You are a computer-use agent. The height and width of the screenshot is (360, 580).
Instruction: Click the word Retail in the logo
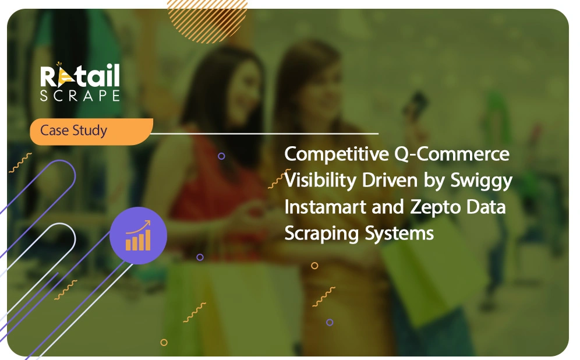pyautogui.click(x=80, y=76)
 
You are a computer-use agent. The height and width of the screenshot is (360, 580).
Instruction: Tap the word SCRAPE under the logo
pyautogui.click(x=80, y=96)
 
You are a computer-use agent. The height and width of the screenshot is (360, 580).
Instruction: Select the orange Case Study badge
pyautogui.click(x=91, y=131)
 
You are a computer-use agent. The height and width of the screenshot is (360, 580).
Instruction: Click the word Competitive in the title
pyautogui.click(x=336, y=154)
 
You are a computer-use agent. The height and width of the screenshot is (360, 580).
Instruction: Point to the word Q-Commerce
pyautogui.click(x=452, y=154)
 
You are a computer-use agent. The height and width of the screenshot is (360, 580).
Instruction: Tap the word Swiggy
pyautogui.click(x=481, y=181)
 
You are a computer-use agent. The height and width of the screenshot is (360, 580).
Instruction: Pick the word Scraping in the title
pyautogui.click(x=321, y=234)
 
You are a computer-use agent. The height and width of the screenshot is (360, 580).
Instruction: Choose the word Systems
pyautogui.click(x=399, y=234)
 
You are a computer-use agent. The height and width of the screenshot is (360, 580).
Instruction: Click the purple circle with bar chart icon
pyautogui.click(x=139, y=236)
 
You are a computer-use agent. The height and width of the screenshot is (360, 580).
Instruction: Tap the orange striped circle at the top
pyautogui.click(x=207, y=20)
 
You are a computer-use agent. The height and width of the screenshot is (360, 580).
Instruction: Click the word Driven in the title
pyautogui.click(x=390, y=180)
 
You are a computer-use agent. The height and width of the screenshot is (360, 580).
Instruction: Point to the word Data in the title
pyautogui.click(x=486, y=207)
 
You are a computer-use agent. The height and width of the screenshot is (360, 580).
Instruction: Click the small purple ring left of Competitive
pyautogui.click(x=221, y=156)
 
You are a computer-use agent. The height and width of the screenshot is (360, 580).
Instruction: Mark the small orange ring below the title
pyautogui.click(x=314, y=266)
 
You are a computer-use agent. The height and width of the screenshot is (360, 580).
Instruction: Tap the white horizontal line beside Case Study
pyautogui.click(x=264, y=133)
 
